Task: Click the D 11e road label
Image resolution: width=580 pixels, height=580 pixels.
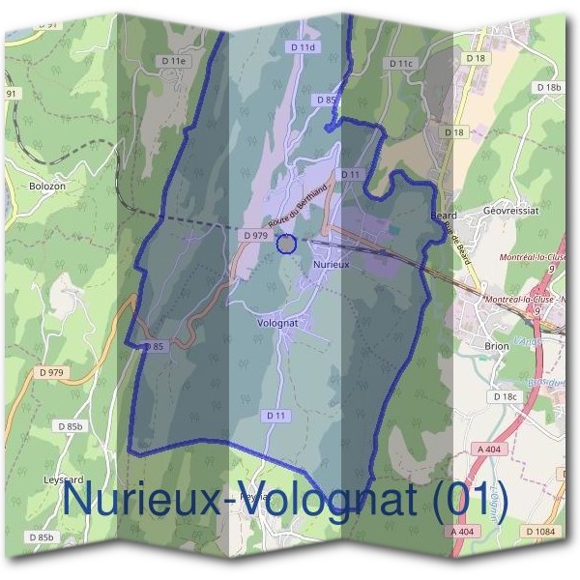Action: coord(174,61)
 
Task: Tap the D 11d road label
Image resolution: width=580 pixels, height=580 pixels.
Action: coord(303,46)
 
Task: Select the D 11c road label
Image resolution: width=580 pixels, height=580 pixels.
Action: coord(400,63)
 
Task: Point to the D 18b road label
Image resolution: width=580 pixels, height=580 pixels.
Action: coord(546,88)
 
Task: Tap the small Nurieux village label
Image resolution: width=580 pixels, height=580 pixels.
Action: coord(331,262)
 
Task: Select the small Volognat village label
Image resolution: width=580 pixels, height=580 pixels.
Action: coord(279,323)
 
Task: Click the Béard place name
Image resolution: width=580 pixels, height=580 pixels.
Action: coord(444,216)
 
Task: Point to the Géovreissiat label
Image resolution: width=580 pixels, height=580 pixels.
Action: coord(509,210)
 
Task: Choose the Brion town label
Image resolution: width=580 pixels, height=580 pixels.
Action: coord(496,345)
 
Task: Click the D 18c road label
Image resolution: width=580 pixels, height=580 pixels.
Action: coord(505,396)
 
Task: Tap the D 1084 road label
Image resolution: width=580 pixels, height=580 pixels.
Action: coord(541,532)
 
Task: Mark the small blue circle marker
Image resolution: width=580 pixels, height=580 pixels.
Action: coord(285,244)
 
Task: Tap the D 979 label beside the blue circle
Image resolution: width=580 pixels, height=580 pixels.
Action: coord(255,235)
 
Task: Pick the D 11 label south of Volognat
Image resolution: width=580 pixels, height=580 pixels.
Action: coord(276,415)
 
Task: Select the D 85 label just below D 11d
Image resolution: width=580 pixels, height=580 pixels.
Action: coord(326,100)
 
